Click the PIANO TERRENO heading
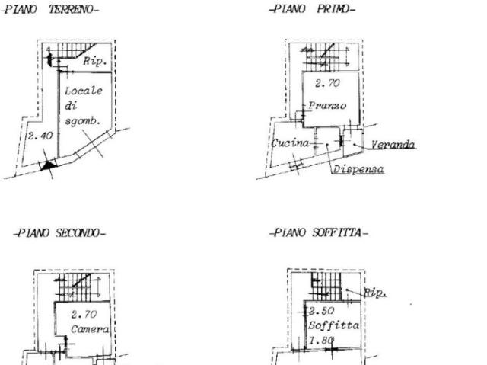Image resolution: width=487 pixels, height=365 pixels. (x=49, y=9)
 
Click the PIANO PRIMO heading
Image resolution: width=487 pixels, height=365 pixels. (x=312, y=9)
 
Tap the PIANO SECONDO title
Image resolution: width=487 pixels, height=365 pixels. (x=59, y=233)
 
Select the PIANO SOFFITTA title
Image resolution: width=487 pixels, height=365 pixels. (x=319, y=232)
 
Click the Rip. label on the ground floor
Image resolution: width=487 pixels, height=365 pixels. (x=95, y=61)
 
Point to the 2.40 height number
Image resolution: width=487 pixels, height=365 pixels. (x=40, y=136)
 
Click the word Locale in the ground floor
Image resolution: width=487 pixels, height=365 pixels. (x=83, y=91)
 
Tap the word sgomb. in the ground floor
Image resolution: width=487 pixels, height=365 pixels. (x=82, y=121)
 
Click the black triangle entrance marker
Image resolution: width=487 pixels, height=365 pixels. (x=48, y=165)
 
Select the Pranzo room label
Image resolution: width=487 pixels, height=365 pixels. (x=327, y=106)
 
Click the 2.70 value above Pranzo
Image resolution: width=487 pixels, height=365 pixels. (x=327, y=83)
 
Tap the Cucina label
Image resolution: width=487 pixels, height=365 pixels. (x=290, y=143)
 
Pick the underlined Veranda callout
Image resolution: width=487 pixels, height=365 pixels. (x=393, y=145)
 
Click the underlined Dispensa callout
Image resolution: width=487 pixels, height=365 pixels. (x=358, y=169)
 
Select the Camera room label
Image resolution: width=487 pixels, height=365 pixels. (x=90, y=329)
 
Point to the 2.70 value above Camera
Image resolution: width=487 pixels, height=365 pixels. (x=84, y=314)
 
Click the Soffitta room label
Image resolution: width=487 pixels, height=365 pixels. (x=333, y=325)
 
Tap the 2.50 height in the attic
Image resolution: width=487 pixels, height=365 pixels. (x=321, y=311)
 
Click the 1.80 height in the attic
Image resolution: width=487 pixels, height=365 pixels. (x=321, y=341)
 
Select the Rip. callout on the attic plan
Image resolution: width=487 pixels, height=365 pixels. (x=375, y=293)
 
